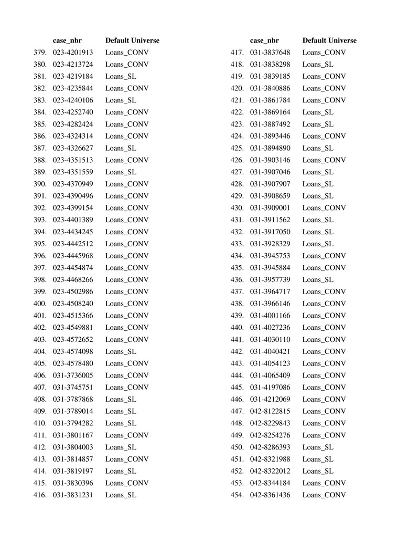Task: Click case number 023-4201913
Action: (73, 53)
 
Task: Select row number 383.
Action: (40, 100)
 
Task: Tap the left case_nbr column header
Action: (67, 40)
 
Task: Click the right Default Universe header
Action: (329, 40)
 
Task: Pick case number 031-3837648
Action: (270, 53)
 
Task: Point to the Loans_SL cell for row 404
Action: (121, 351)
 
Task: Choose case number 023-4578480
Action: (73, 363)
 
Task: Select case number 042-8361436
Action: (270, 495)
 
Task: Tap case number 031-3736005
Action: (73, 375)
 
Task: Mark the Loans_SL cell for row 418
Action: (318, 65)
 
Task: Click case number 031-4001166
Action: (270, 316)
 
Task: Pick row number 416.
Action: (40, 495)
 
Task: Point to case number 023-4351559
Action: (73, 172)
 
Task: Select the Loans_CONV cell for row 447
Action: (324, 411)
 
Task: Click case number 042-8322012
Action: (270, 471)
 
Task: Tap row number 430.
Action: (237, 208)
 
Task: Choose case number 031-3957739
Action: (270, 280)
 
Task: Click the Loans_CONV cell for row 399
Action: (127, 291)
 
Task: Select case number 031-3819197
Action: (73, 471)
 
